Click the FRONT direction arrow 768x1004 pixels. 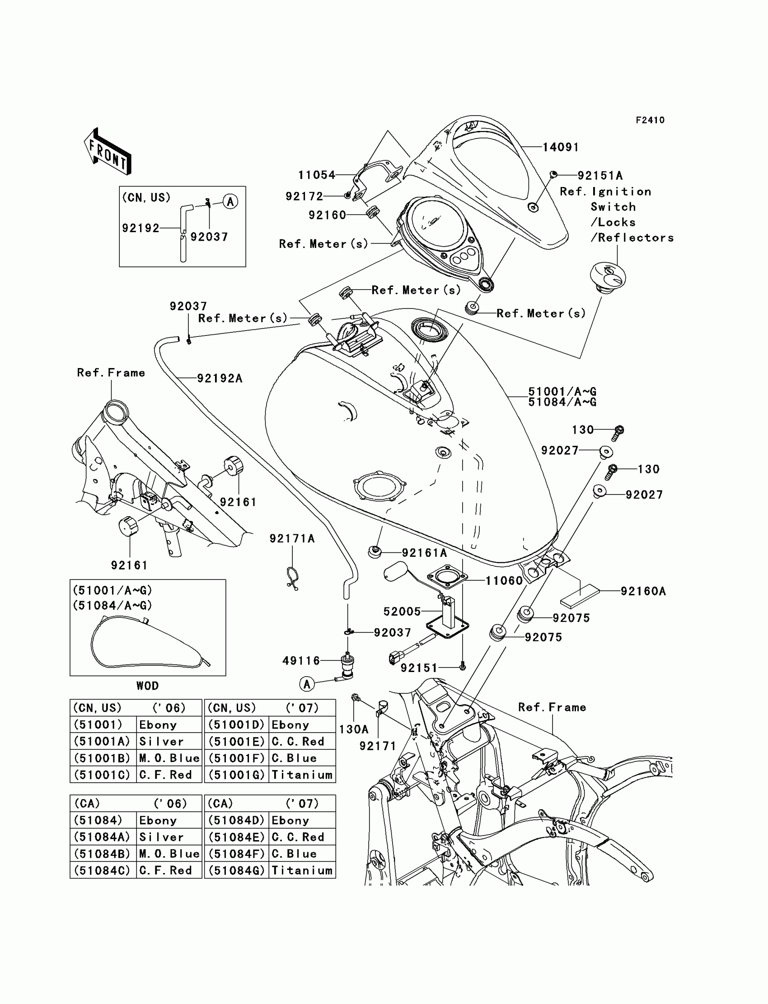[x=108, y=151]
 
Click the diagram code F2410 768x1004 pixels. [x=650, y=120]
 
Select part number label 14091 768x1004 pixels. [x=561, y=147]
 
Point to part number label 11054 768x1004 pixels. [x=317, y=175]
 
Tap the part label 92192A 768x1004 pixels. [x=220, y=378]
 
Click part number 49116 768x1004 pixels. [x=301, y=660]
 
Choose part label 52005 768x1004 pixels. [x=402, y=611]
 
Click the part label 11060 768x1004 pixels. [x=504, y=580]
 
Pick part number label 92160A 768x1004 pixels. [x=643, y=591]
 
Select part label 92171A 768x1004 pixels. [x=292, y=538]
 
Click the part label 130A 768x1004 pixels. [x=353, y=729]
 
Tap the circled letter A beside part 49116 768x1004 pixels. [x=307, y=684]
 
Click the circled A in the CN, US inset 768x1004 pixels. [x=230, y=201]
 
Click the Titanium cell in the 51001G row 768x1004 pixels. [x=302, y=775]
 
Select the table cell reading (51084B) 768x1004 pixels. [x=103, y=854]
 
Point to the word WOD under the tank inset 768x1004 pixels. [x=147, y=686]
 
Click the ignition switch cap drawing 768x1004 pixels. [x=608, y=278]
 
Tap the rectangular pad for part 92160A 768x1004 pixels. [x=580, y=596]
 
